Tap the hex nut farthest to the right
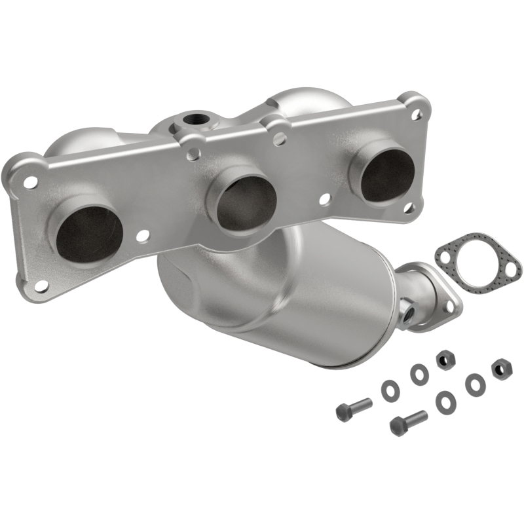tap(502, 368)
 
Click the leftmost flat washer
tap(388, 388)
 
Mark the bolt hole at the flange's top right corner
tap(416, 113)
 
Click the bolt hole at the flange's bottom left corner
tap(41, 286)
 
